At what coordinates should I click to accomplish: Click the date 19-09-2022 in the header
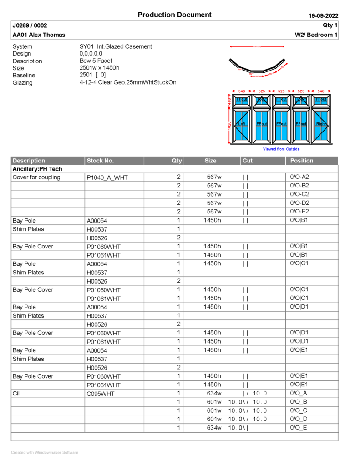pyautogui.click(x=323, y=16)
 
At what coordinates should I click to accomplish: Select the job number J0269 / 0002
pyautogui.click(x=30, y=25)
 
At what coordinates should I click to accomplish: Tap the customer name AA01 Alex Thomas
pyautogui.click(x=39, y=35)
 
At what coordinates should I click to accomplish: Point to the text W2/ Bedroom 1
pyautogui.click(x=316, y=35)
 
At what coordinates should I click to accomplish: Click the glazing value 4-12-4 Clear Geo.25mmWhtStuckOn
pyautogui.click(x=127, y=82)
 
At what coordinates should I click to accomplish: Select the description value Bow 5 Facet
pyautogui.click(x=96, y=61)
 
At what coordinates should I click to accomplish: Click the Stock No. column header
pyautogui.click(x=100, y=161)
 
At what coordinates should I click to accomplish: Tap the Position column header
pyautogui.click(x=302, y=161)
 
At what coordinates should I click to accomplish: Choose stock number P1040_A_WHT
pyautogui.click(x=107, y=178)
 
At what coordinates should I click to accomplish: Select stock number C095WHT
pyautogui.click(x=101, y=394)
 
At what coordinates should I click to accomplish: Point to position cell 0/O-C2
pyautogui.click(x=299, y=194)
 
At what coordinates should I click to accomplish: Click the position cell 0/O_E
pyautogui.click(x=299, y=428)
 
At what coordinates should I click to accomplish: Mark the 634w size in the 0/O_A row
pyautogui.click(x=214, y=393)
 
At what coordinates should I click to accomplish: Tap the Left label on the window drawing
pyautogui.click(x=242, y=124)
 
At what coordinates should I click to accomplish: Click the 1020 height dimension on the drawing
pyautogui.click(x=229, y=125)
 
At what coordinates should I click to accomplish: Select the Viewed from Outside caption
pyautogui.click(x=281, y=149)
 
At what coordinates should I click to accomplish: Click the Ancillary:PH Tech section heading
pyautogui.click(x=37, y=169)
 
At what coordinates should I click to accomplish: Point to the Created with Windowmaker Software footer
pyautogui.click(x=45, y=452)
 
